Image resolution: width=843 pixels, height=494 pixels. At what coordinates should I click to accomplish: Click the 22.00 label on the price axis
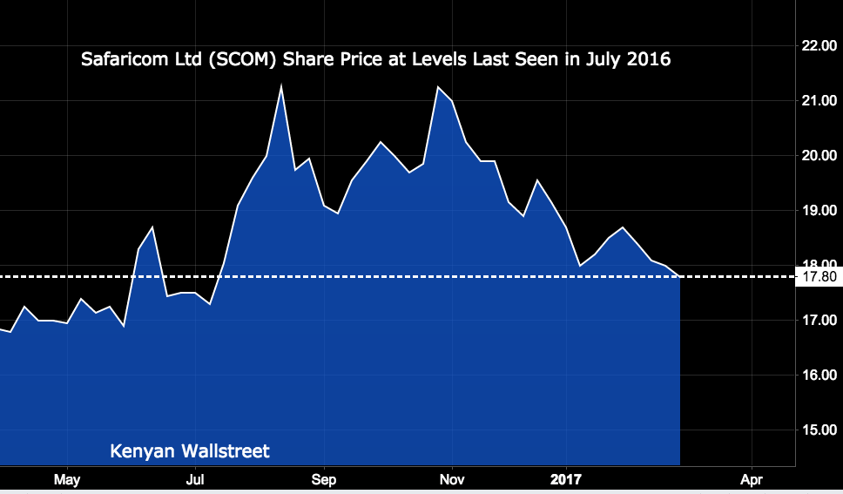tap(819, 45)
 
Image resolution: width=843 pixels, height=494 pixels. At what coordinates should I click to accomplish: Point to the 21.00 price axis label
tap(819, 101)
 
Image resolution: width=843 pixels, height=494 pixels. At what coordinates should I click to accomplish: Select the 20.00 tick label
tap(819, 156)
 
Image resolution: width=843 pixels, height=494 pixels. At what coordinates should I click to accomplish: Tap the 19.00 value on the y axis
tap(819, 211)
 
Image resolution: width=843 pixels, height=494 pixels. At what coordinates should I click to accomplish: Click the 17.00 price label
tap(819, 321)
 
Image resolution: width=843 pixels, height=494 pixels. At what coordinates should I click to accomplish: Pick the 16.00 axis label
tap(819, 376)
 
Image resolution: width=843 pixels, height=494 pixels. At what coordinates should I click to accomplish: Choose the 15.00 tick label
tap(819, 430)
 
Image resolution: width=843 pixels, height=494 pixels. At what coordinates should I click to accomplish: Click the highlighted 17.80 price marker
tap(819, 277)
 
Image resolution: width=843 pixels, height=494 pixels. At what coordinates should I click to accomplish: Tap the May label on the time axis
tap(66, 479)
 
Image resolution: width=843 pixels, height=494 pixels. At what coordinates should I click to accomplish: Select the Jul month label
tap(195, 479)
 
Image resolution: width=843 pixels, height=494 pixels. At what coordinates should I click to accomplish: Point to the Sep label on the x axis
tap(324, 479)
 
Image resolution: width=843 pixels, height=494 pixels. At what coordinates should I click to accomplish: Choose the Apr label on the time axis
tap(751, 479)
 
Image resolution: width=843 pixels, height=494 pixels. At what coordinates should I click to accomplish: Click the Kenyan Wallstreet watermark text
tap(190, 451)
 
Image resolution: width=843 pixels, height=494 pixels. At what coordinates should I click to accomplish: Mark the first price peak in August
tap(281, 85)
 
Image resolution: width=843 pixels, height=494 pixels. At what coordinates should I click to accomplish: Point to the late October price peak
tap(438, 87)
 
